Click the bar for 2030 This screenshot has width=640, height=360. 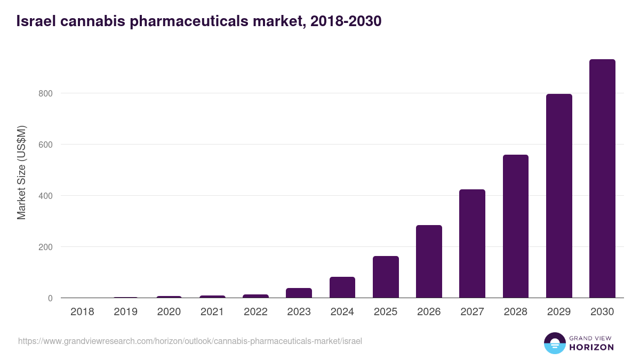click(x=602, y=179)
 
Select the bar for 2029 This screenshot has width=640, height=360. click(x=559, y=196)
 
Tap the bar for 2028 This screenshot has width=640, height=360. click(x=516, y=226)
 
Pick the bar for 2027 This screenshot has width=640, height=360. click(x=472, y=244)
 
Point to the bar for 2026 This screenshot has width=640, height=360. click(x=429, y=261)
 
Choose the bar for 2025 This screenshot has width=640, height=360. click(x=386, y=277)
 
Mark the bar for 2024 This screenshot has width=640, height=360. click(x=342, y=287)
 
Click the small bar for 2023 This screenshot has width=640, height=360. click(x=299, y=293)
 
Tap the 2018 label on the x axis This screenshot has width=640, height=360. click(x=82, y=312)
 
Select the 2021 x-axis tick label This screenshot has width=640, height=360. click(x=212, y=312)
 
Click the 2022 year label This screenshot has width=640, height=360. click(x=255, y=312)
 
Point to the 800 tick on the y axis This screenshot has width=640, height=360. click(x=46, y=93)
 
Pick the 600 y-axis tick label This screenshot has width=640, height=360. click(x=46, y=145)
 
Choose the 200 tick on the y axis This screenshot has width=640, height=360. click(x=46, y=247)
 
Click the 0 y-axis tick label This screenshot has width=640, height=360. click(x=50, y=298)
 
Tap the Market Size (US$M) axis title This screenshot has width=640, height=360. click(x=21, y=172)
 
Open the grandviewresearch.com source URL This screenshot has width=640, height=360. click(x=190, y=341)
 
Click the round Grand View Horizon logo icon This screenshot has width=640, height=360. click(x=554, y=343)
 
